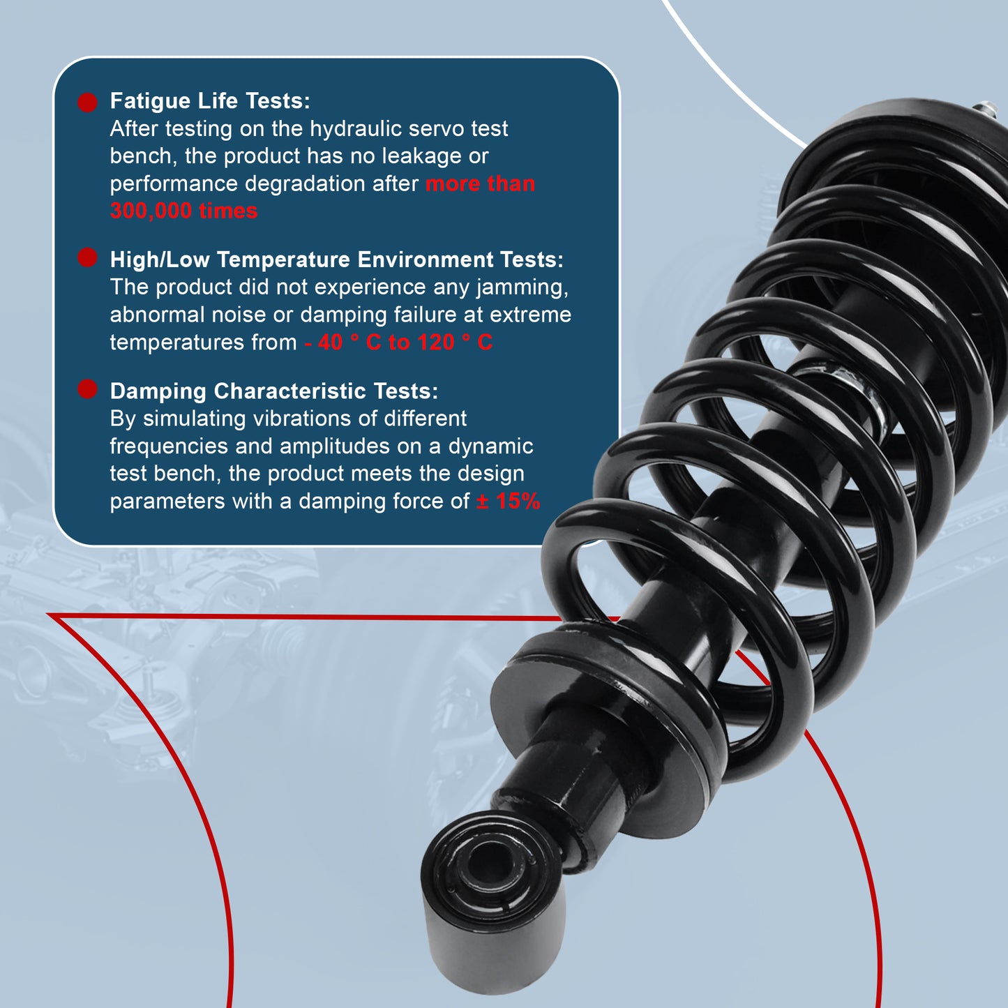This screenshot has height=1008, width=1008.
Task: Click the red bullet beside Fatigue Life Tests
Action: click(87, 103)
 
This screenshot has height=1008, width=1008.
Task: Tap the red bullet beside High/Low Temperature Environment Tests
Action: click(87, 257)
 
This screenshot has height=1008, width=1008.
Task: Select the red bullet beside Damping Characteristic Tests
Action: click(87, 389)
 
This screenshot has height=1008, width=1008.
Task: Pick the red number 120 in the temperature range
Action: click(436, 343)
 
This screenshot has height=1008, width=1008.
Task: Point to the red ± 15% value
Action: click(508, 501)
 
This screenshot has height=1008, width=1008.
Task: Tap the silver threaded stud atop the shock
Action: click(986, 110)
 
